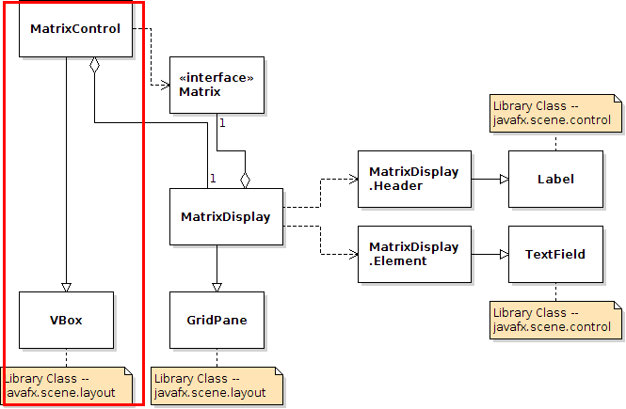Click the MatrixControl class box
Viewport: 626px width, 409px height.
(x=75, y=29)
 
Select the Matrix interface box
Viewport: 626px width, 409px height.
(x=217, y=85)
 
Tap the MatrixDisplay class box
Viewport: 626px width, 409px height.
(x=226, y=217)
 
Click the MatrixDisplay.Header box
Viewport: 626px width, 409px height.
(x=414, y=179)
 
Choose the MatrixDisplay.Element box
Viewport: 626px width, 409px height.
(x=414, y=254)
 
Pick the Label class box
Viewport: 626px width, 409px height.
(x=555, y=179)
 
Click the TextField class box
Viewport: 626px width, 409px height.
(x=555, y=254)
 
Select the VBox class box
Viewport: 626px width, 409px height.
(x=66, y=320)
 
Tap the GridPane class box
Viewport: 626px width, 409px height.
(x=217, y=320)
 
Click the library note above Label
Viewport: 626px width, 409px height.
(x=555, y=114)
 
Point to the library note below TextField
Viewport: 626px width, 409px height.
(x=555, y=320)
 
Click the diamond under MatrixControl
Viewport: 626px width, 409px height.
(x=94, y=66)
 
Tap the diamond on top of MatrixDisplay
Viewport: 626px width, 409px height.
(x=245, y=179)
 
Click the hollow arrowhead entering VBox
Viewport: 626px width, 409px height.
(x=66, y=286)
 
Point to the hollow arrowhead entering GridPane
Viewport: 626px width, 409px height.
(x=217, y=286)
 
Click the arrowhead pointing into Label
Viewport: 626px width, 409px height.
(x=503, y=179)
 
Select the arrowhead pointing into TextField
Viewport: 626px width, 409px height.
(x=503, y=254)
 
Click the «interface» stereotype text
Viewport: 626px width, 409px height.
(x=217, y=78)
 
